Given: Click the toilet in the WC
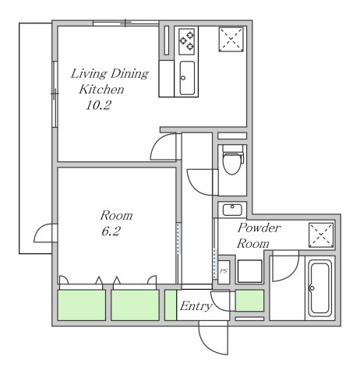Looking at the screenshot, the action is pyautogui.click(x=232, y=160).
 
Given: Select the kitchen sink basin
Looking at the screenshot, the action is pyautogui.click(x=187, y=78).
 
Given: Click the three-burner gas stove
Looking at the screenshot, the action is pyautogui.click(x=187, y=41).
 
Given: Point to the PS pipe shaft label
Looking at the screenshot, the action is pyautogui.click(x=224, y=271).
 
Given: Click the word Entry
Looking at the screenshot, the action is pyautogui.click(x=196, y=306).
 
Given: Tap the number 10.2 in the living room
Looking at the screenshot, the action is pyautogui.click(x=98, y=105).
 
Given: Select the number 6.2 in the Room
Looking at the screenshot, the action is pyautogui.click(x=111, y=231).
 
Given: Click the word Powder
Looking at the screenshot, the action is pyautogui.click(x=259, y=228).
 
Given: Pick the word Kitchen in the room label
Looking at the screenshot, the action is pyautogui.click(x=101, y=90).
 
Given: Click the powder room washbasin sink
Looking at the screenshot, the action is pyautogui.click(x=232, y=210).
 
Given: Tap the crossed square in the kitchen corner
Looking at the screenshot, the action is pyautogui.click(x=231, y=40).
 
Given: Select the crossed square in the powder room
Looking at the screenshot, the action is pyautogui.click(x=321, y=235).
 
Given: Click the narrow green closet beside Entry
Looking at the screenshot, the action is pyautogui.click(x=171, y=305).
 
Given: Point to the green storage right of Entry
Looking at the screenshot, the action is pyautogui.click(x=249, y=301).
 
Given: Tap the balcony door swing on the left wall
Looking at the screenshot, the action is pyautogui.click(x=41, y=232).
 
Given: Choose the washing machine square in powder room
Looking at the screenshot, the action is pyautogui.click(x=250, y=271).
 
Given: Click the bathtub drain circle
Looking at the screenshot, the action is pyautogui.click(x=312, y=288).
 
